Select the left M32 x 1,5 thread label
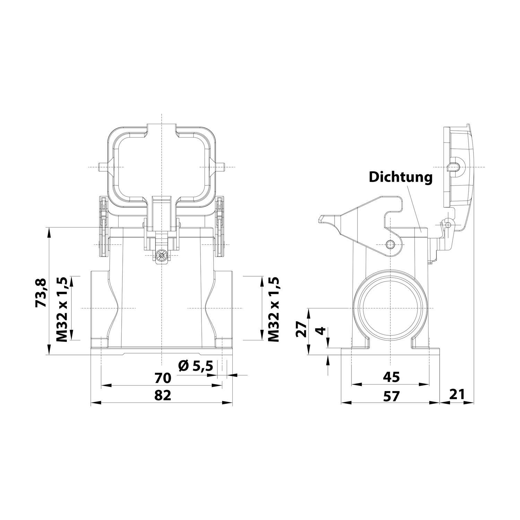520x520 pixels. click(62, 309)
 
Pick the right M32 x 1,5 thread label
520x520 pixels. click(274, 309)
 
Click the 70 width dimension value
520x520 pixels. click(163, 378)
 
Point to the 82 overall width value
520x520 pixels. click(163, 395)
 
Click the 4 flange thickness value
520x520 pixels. click(321, 330)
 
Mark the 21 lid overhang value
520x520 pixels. click(457, 395)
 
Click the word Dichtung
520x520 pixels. click(400, 177)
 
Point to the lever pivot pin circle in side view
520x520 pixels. click(390, 244)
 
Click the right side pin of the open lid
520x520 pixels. click(222, 167)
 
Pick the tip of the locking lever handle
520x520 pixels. click(321, 219)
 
